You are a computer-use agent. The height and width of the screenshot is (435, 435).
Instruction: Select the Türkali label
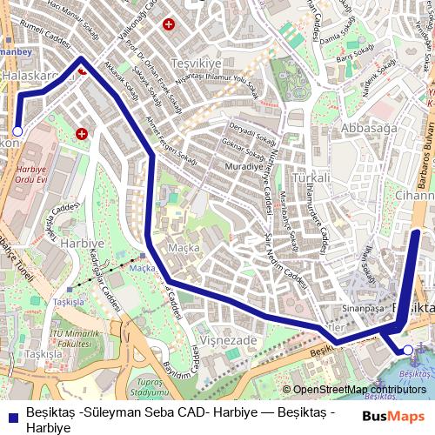pos(311,177)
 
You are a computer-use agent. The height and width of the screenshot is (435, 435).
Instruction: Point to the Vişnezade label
pos(229,340)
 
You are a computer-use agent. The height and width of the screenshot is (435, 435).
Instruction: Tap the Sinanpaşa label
pos(363,308)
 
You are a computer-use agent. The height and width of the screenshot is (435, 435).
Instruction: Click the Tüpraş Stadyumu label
pos(150,388)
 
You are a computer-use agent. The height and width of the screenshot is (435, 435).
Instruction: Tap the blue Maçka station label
pos(142,268)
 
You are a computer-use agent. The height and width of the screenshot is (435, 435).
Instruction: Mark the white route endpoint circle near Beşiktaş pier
pos(406,351)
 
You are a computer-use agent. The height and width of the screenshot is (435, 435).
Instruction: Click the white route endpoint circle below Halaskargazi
pos(17,130)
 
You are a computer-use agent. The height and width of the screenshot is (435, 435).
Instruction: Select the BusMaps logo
pos(394,415)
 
